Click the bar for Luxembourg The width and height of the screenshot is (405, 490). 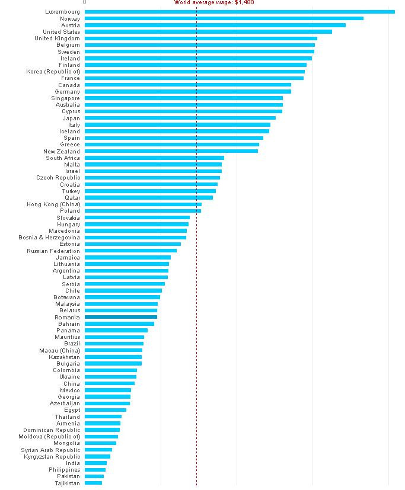(240, 12)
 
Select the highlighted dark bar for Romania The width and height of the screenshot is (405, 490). (121, 317)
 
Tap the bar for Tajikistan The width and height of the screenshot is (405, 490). (93, 483)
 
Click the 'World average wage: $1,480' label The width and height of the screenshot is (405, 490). (214, 2)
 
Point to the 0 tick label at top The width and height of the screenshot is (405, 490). (85, 2)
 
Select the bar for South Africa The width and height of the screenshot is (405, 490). (154, 158)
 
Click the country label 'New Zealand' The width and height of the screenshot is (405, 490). (62, 151)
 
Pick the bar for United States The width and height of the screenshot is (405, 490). (208, 31)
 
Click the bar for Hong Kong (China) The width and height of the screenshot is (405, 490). (143, 204)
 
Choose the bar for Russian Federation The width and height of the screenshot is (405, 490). (130, 251)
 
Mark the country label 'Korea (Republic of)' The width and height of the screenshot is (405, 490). (53, 72)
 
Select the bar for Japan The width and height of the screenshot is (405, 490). (180, 118)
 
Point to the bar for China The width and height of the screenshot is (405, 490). (110, 383)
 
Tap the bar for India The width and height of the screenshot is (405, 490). (95, 463)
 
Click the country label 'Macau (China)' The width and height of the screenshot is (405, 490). (60, 350)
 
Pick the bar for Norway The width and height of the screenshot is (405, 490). (224, 18)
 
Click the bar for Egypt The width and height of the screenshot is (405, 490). (106, 410)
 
